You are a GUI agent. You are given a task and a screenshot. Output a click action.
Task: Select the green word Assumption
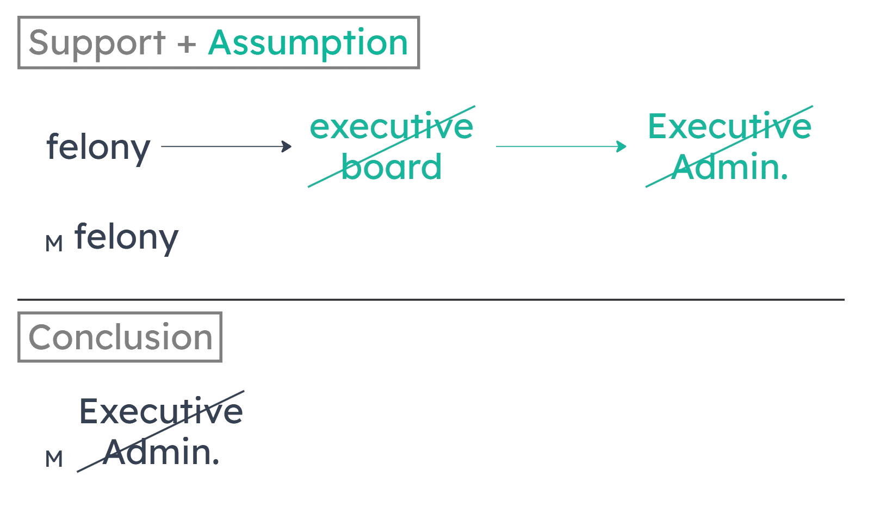[308, 43]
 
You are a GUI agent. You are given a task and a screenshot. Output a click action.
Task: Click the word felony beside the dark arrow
[98, 147]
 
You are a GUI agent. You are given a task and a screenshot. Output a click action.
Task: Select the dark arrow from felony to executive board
[225, 146]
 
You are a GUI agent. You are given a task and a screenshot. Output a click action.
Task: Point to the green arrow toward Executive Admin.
[560, 146]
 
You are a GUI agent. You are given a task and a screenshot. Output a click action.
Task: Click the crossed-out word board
[392, 167]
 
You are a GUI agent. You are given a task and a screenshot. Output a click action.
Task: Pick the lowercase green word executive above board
[392, 126]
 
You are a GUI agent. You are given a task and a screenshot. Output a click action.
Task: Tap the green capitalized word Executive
[729, 126]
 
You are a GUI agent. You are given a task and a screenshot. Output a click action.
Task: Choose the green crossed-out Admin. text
[727, 167]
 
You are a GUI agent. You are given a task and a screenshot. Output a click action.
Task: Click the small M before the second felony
[54, 244]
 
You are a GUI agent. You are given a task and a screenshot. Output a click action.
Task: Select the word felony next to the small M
[126, 238]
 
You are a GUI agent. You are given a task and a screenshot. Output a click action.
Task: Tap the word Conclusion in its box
[120, 337]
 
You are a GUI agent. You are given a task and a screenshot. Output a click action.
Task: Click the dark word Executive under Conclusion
[161, 411]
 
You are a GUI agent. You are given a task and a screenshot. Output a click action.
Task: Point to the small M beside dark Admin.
[54, 459]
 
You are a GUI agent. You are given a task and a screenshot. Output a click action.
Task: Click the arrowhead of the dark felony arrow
[287, 146]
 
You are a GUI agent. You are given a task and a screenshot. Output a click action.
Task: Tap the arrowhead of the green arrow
[621, 146]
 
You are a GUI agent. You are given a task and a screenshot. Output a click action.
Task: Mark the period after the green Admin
[784, 177]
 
